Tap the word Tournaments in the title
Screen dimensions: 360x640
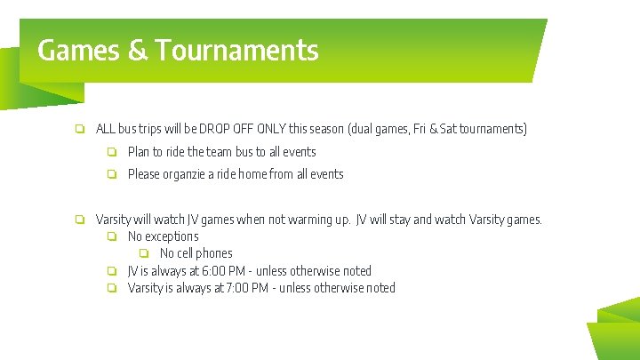point(236,50)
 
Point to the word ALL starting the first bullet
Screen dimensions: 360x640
point(106,129)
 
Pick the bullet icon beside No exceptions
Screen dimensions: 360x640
point(112,236)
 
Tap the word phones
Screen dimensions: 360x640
point(215,253)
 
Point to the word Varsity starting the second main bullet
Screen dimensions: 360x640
point(113,220)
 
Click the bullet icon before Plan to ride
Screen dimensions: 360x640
point(112,152)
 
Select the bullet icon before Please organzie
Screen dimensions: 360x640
point(112,174)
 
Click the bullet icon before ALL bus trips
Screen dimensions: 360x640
point(80,129)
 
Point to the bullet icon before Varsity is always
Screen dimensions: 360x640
point(112,288)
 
